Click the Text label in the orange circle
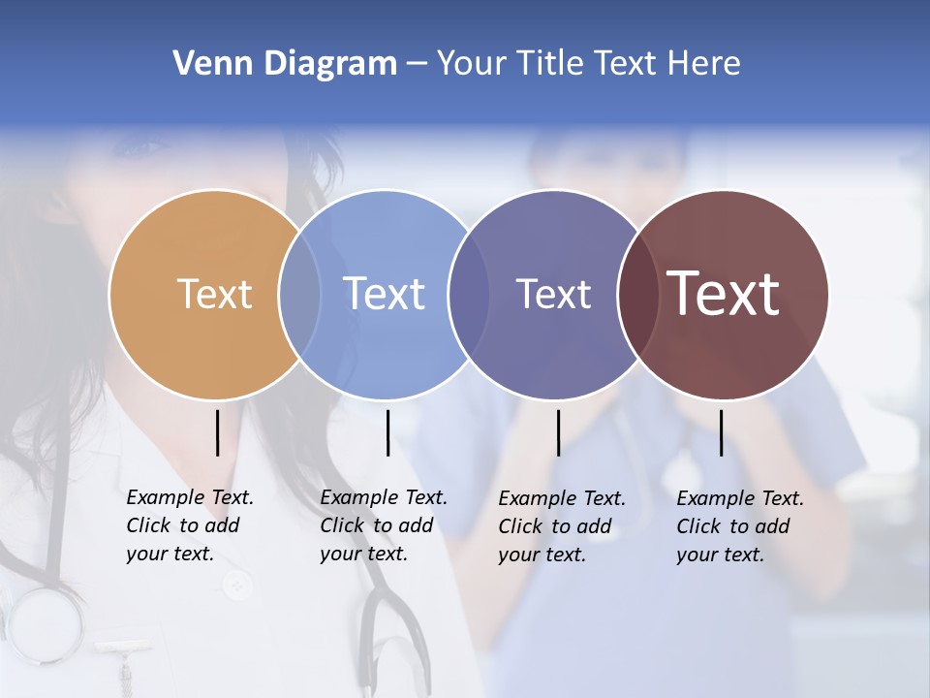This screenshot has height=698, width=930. click(x=214, y=294)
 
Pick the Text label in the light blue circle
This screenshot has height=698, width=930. click(x=385, y=294)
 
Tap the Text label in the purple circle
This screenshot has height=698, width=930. click(x=553, y=294)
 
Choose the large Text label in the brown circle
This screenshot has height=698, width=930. click(x=724, y=294)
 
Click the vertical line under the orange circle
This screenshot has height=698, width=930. click(x=217, y=432)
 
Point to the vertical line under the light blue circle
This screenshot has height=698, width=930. click(x=387, y=432)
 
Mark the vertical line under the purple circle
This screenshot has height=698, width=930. click(x=558, y=432)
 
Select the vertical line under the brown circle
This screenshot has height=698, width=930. click(x=721, y=432)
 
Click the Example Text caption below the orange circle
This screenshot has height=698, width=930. click(x=189, y=525)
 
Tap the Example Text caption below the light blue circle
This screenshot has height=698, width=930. click(x=383, y=525)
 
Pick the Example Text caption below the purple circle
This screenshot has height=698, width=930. click(x=561, y=526)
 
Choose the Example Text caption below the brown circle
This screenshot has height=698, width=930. click(x=739, y=526)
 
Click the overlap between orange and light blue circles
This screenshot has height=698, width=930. click(x=299, y=294)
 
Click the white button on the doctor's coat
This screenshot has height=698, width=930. click(x=235, y=585)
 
